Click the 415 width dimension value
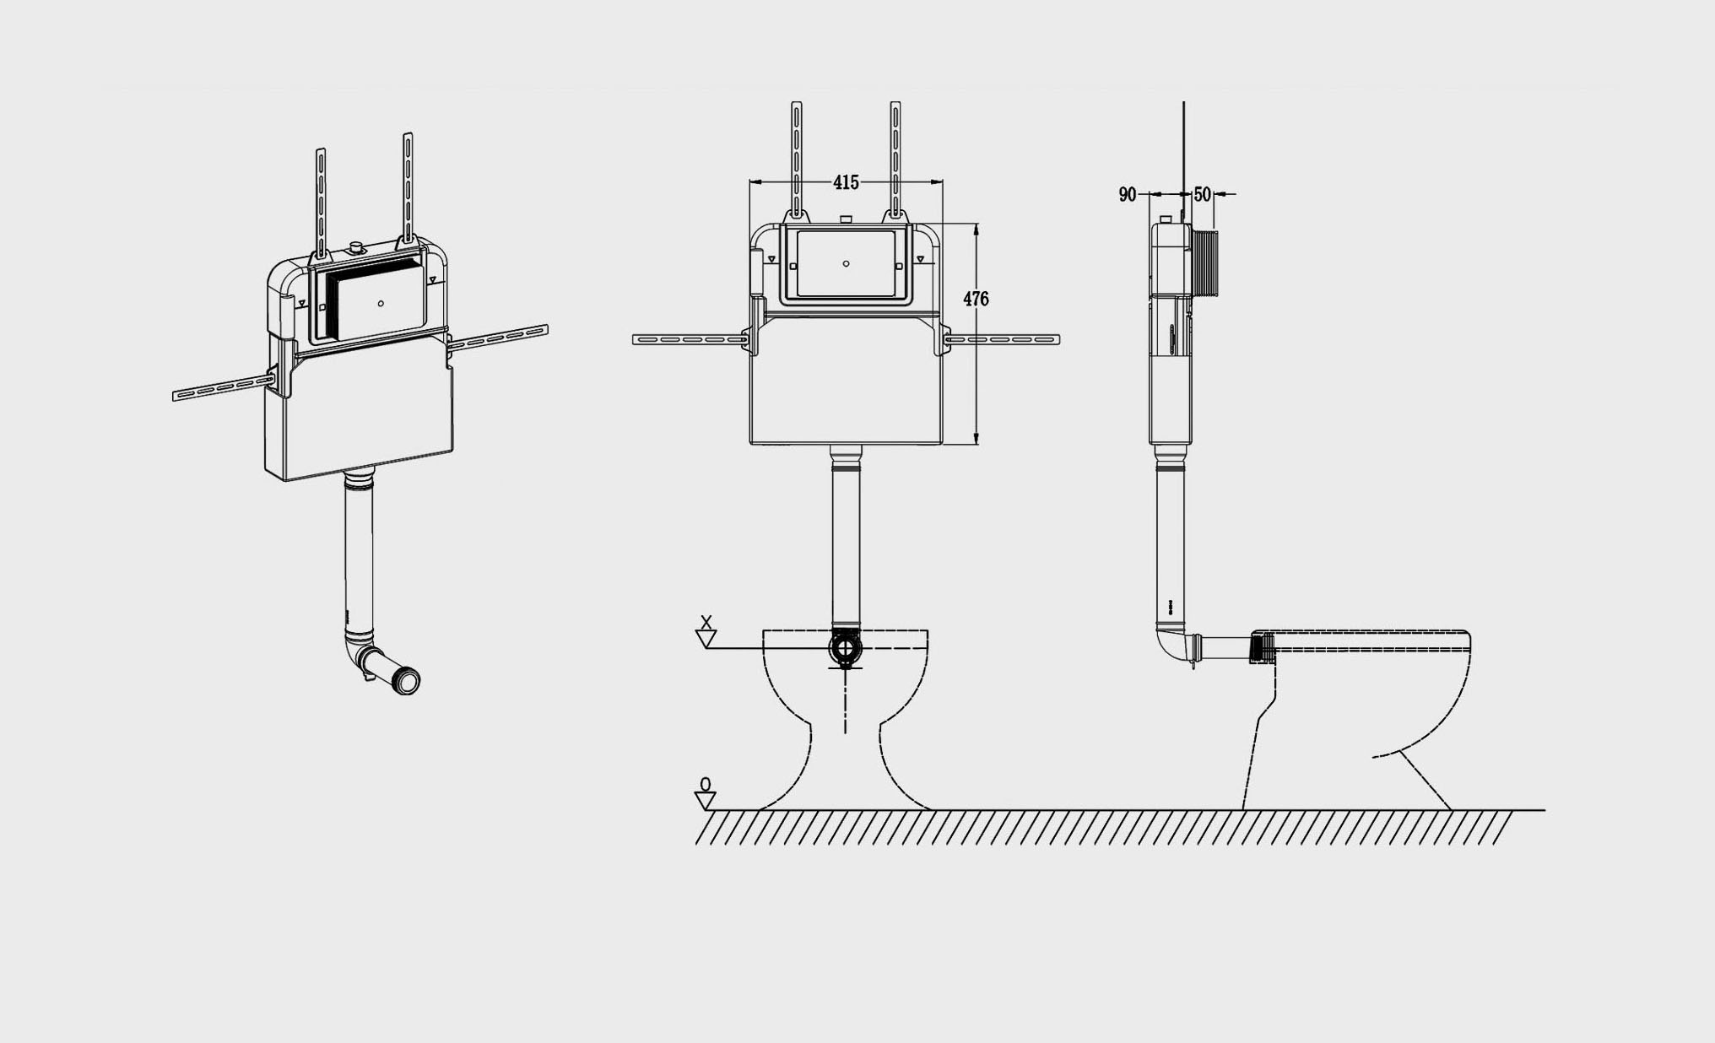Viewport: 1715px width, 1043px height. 846,182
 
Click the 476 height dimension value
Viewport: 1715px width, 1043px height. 976,299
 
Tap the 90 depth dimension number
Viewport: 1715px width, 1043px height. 1128,195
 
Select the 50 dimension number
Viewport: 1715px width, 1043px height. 1203,195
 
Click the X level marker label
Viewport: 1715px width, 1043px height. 707,622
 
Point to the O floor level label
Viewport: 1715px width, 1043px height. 706,784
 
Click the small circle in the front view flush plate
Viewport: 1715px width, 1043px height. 846,264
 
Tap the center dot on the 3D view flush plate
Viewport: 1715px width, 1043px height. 381,304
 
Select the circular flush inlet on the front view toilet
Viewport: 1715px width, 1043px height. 845,648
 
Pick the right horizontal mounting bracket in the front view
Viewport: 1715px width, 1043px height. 1002,339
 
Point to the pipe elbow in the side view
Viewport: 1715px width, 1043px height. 1170,641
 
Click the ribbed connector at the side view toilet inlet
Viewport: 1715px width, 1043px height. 1262,648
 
